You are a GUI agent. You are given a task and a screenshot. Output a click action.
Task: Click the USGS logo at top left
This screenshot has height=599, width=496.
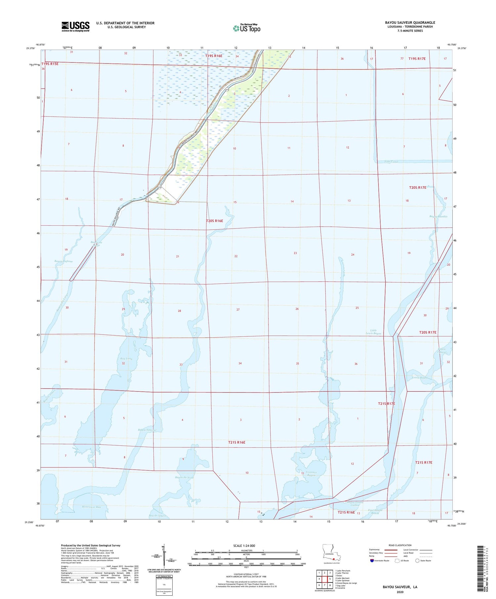(x=75, y=26)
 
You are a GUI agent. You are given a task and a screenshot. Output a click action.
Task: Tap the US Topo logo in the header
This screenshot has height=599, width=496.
(x=247, y=28)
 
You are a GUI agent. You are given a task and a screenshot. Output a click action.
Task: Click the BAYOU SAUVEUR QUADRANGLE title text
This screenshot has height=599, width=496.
(x=410, y=22)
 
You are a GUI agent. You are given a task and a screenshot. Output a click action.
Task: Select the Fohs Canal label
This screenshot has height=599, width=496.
(x=391, y=162)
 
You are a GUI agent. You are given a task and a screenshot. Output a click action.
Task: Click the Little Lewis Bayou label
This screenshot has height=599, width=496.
(x=373, y=332)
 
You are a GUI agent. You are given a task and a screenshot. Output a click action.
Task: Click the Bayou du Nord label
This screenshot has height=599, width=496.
(x=185, y=477)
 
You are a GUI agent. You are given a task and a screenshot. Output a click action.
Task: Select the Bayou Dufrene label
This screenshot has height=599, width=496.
(x=64, y=261)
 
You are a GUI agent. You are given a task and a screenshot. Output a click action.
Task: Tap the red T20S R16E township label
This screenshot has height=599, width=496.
(x=214, y=221)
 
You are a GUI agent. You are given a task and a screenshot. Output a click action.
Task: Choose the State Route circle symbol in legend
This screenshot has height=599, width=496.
(x=418, y=561)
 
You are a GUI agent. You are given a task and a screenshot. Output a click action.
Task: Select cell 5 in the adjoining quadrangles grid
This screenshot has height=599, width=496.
(x=330, y=579)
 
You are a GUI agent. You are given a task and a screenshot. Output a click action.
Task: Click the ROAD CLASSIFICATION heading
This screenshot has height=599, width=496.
(x=400, y=545)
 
